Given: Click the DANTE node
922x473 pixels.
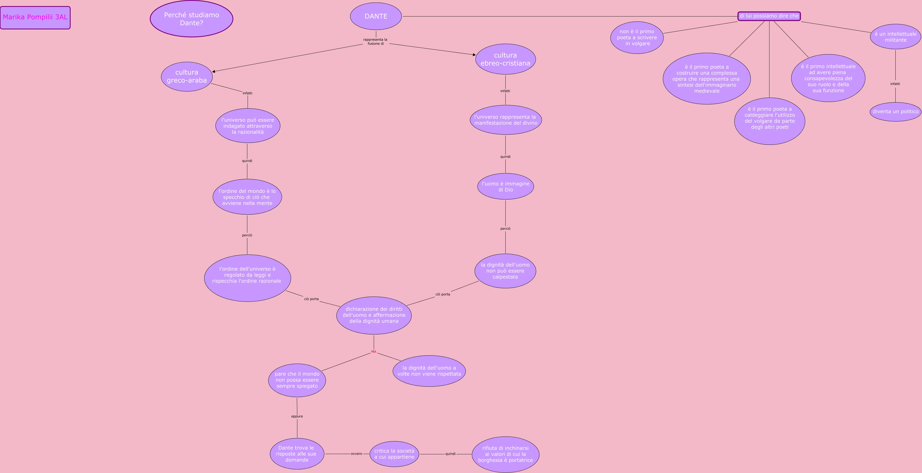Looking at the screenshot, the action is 376,16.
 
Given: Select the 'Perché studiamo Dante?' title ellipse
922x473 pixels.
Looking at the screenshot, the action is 192,19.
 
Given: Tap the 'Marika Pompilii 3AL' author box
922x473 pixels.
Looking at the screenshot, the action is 35,18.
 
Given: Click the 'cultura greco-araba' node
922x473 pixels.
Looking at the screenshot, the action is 187,76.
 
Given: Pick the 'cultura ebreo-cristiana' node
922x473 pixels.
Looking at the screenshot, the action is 505,59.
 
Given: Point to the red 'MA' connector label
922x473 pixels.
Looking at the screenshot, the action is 374,352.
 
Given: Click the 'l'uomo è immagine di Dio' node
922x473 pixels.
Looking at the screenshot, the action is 505,187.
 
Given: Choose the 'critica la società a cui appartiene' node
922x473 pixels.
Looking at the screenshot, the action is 394,454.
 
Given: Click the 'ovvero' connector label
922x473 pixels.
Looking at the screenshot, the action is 356,454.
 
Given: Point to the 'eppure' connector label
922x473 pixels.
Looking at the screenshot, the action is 297,416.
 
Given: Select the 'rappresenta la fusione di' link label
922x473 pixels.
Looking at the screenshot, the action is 375,42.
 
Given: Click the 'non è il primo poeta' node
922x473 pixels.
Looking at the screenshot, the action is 637,38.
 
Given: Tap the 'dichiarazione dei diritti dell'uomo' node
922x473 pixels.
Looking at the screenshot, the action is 374,315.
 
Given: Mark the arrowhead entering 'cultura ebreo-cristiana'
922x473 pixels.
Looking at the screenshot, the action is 474,55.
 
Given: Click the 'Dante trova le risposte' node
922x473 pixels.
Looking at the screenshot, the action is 297,454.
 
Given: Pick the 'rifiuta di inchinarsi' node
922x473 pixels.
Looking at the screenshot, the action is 505,454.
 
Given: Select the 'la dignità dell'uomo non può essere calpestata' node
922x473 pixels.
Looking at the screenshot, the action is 505,271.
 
